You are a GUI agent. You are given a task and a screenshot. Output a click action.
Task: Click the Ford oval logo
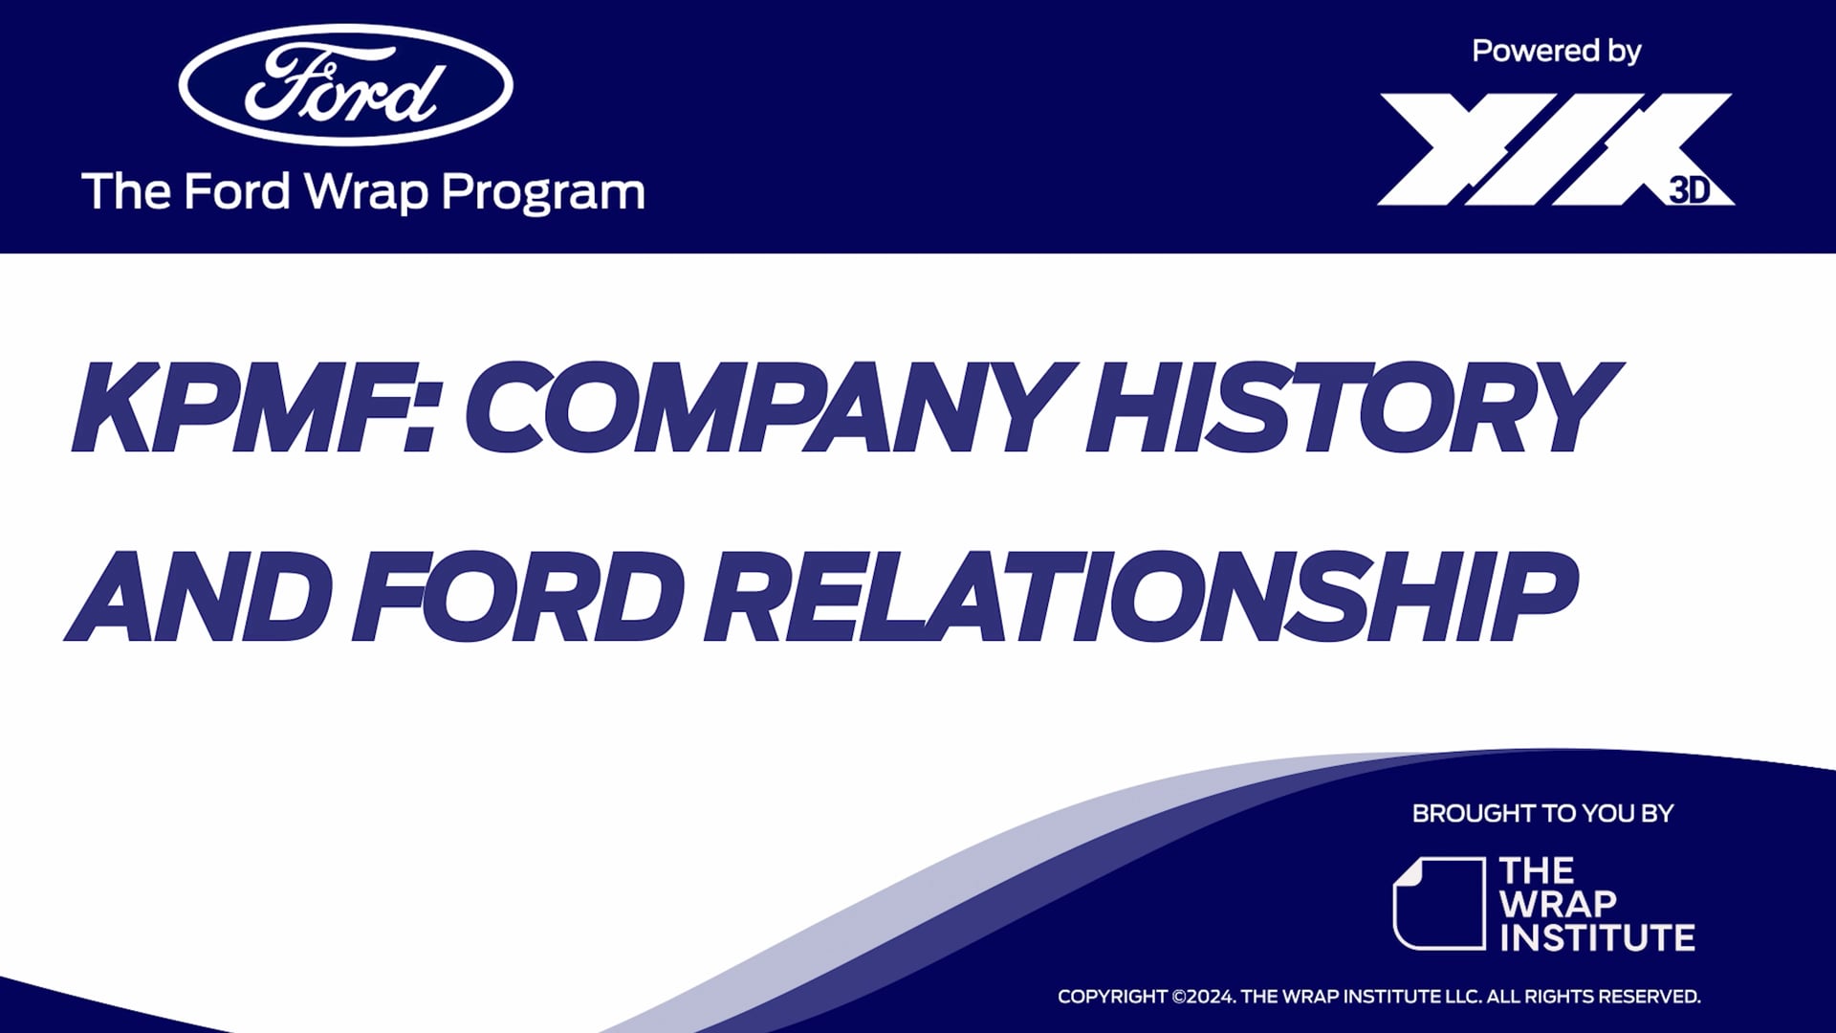[345, 85]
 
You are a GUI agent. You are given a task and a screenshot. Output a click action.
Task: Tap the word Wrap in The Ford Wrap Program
[366, 192]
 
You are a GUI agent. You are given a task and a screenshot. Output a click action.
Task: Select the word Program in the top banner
[543, 192]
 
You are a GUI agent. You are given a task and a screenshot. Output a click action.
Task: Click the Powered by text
[1556, 51]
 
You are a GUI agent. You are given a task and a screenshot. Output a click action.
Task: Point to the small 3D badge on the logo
[1690, 190]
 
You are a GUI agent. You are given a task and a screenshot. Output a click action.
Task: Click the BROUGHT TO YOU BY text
[1542, 814]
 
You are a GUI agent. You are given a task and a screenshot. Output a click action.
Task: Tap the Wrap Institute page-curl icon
[1438, 903]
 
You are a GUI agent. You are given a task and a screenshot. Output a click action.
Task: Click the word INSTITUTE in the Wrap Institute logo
[1597, 938]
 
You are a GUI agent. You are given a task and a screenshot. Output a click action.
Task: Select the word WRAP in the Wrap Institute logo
[1558, 904]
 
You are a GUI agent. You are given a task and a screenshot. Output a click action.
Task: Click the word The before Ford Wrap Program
[126, 191]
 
